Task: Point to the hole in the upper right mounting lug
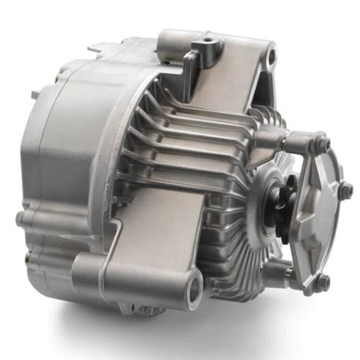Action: (272, 57)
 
